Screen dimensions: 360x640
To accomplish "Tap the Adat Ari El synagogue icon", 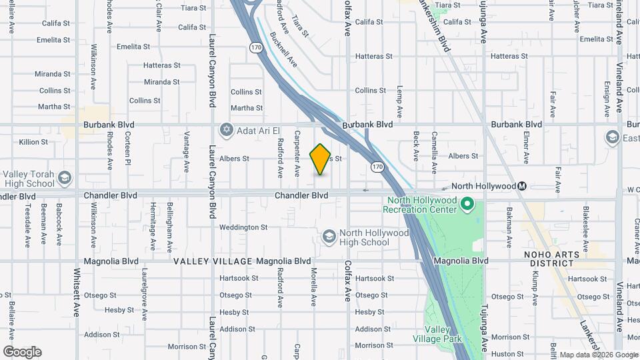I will pyautogui.click(x=227, y=129).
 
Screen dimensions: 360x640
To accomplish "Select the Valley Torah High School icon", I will pyautogui.click(x=65, y=177).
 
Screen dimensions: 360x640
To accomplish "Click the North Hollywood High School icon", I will pyautogui.click(x=328, y=237).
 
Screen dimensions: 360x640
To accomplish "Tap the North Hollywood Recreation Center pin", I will pyautogui.click(x=467, y=204).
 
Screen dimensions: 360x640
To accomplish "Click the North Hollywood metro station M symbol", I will pyautogui.click(x=522, y=186).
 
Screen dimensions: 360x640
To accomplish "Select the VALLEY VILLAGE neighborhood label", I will pyautogui.click(x=213, y=261).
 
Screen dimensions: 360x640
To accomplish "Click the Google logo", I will pyautogui.click(x=22, y=352).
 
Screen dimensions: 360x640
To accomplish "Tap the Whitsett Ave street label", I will pyautogui.click(x=77, y=292).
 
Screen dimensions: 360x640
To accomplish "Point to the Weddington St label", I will pyautogui.click(x=243, y=227).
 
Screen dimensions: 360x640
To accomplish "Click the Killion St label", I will pyautogui.click(x=33, y=142).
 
